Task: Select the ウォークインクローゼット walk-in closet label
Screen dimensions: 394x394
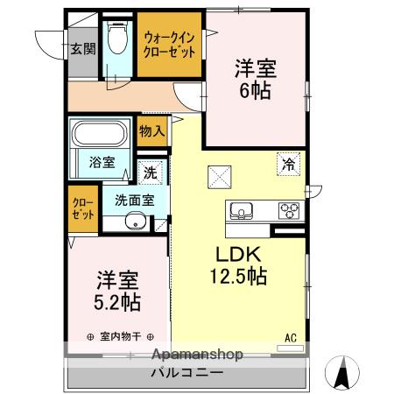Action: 170,43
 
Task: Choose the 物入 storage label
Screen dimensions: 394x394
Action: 152,131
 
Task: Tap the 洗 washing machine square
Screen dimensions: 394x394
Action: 151,172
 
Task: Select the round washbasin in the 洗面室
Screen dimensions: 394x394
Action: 133,222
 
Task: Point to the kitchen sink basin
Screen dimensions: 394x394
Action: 243,211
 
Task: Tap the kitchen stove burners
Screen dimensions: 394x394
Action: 288,211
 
